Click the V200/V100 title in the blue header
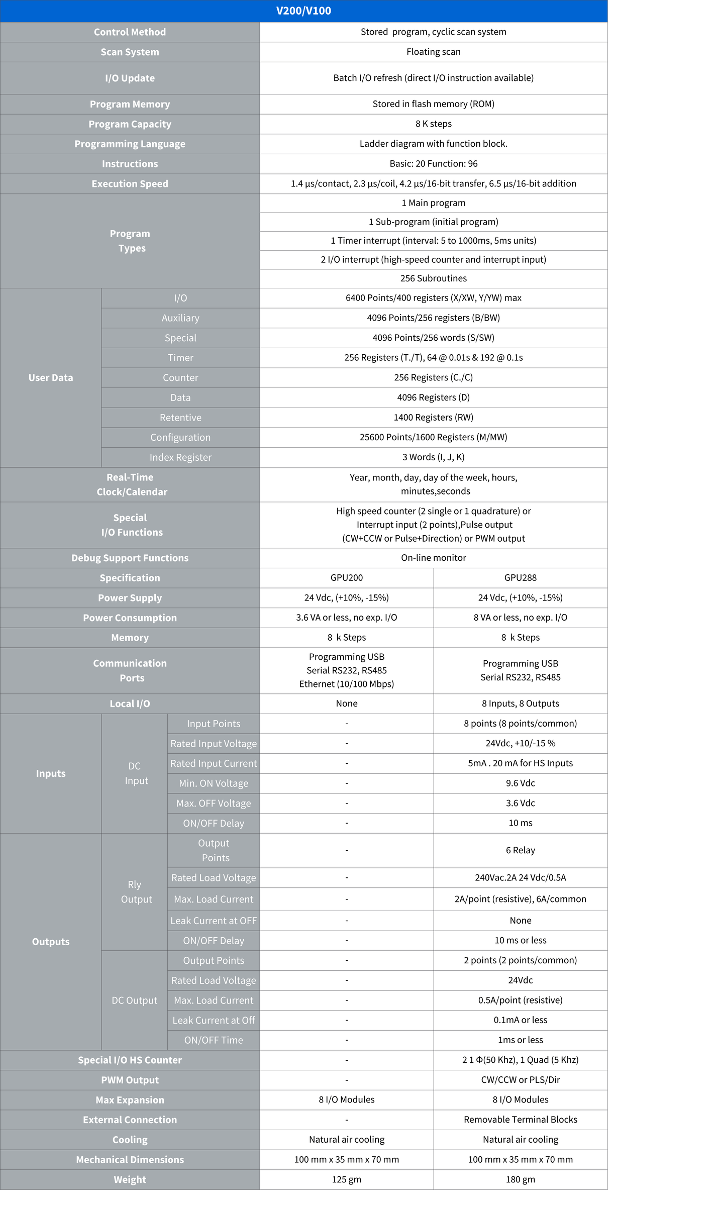pos(303,11)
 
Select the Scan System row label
pos(130,52)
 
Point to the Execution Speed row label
pos(130,184)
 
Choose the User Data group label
pos(51,378)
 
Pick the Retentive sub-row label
pos(180,418)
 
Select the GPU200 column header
pos(346,578)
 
